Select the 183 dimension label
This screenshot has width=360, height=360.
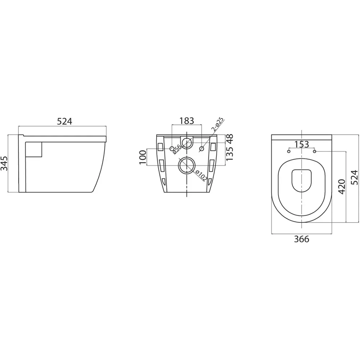coord(186,121)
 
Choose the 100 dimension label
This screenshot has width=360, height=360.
coord(142,158)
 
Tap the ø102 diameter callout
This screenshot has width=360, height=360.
coord(201,176)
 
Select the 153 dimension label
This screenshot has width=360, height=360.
coord(301,144)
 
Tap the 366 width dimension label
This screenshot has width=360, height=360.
coord(301,239)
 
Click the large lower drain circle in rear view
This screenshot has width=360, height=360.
coord(186,166)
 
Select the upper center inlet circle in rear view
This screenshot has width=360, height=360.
coord(186,143)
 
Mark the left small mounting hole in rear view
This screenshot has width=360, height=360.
coord(172,148)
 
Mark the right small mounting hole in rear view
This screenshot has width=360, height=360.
coord(202,148)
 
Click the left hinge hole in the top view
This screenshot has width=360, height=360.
coord(288,151)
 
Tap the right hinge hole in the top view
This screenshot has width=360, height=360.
coord(315,151)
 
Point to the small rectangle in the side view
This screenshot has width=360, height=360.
coord(35,149)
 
